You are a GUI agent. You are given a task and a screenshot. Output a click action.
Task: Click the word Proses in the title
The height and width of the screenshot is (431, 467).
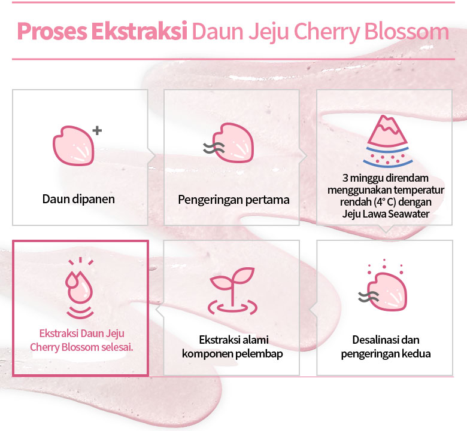tap(52, 31)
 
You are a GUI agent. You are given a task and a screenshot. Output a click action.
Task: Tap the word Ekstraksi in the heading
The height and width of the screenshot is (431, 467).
tap(140, 30)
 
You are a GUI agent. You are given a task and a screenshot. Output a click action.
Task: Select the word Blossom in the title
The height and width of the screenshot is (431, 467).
tap(407, 31)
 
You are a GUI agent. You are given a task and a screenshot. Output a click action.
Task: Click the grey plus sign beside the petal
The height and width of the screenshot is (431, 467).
tap(97, 130)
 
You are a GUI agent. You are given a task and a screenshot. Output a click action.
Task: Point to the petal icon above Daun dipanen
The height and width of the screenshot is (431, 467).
tap(74, 146)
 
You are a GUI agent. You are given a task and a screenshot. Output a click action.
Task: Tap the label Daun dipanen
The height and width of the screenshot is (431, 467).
tap(78, 199)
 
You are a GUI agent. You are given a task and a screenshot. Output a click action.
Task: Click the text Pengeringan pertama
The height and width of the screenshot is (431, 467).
tap(233, 200)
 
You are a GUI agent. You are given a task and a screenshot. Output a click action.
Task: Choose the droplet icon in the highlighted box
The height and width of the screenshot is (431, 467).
tap(79, 287)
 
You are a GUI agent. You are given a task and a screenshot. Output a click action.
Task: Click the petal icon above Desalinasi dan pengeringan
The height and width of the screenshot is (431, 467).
tap(387, 292)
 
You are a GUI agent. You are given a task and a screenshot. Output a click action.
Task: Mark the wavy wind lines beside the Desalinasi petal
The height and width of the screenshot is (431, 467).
tap(368, 297)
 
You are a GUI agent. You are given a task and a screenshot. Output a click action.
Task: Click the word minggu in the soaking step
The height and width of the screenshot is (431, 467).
tap(367, 179)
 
